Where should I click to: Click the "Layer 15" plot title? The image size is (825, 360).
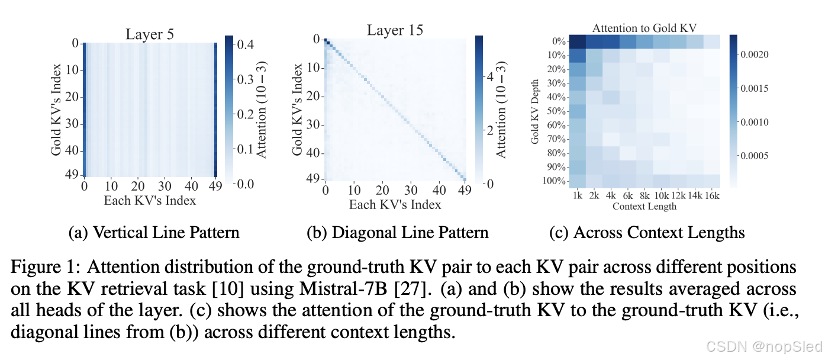click(395, 30)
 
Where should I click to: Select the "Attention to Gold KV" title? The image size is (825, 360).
click(645, 28)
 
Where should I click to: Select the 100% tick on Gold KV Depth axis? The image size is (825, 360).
click(555, 180)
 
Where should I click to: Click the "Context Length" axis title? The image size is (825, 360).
click(644, 206)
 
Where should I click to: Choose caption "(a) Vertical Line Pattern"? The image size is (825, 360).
click(154, 232)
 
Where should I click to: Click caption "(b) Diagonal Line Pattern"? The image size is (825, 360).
click(397, 232)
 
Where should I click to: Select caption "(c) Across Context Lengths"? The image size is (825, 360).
click(646, 232)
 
